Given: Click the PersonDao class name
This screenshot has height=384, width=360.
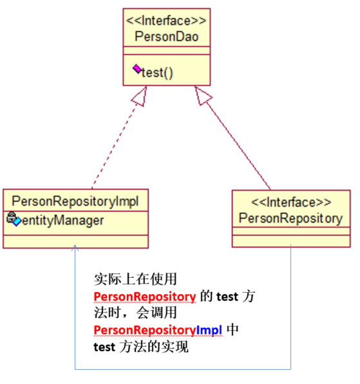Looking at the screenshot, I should (166, 37).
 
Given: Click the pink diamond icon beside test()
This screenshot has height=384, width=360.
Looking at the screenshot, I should (137, 69).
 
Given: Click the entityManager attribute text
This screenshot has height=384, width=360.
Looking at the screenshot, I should (63, 221).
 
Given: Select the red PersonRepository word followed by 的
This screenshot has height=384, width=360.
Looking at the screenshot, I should (145, 296).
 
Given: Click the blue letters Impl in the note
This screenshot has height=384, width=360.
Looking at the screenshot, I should (209, 330).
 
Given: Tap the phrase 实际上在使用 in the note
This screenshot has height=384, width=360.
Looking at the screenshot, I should (135, 280).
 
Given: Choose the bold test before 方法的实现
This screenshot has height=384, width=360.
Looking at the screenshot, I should (104, 347).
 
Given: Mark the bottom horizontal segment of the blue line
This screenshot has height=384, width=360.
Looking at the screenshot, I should (184, 369).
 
